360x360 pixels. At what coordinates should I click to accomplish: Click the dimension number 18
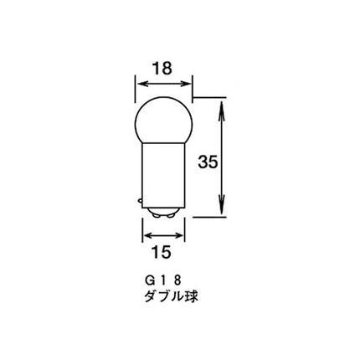click(162, 69)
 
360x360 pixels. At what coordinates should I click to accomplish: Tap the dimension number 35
click(208, 162)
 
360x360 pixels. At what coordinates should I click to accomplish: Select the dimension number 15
click(162, 253)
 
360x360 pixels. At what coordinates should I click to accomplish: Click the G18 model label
click(162, 281)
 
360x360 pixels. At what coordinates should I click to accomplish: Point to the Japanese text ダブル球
click(171, 296)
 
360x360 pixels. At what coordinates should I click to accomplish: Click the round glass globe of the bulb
click(163, 121)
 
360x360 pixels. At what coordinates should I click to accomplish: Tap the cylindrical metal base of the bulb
click(163, 176)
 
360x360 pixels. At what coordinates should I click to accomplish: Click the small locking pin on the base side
click(141, 200)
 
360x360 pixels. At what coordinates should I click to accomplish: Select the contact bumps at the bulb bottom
click(163, 213)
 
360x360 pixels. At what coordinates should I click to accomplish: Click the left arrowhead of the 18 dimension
click(141, 84)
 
